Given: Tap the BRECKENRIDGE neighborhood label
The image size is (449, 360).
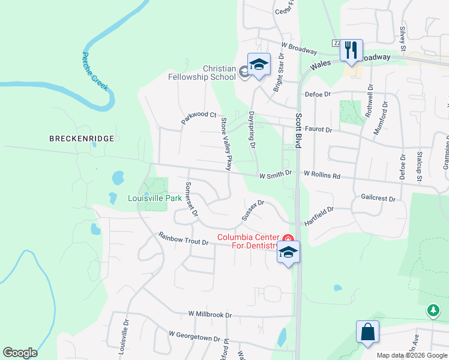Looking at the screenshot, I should coord(82,139).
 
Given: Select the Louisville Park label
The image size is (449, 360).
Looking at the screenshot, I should coord(154,198).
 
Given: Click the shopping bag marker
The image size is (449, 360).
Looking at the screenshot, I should coord(367,332).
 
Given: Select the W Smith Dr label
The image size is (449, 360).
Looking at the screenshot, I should coord(275,173).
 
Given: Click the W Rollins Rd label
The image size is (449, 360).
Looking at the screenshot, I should coord(322,175).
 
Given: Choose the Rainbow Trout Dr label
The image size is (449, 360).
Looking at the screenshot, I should coord(183,238).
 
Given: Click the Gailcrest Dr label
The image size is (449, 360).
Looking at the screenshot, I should coord(379,197).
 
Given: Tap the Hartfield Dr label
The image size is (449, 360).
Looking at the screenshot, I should coord(318,214).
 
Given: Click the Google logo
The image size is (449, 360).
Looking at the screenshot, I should coord(20,353).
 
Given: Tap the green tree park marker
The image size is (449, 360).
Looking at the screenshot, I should coord(433,310).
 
